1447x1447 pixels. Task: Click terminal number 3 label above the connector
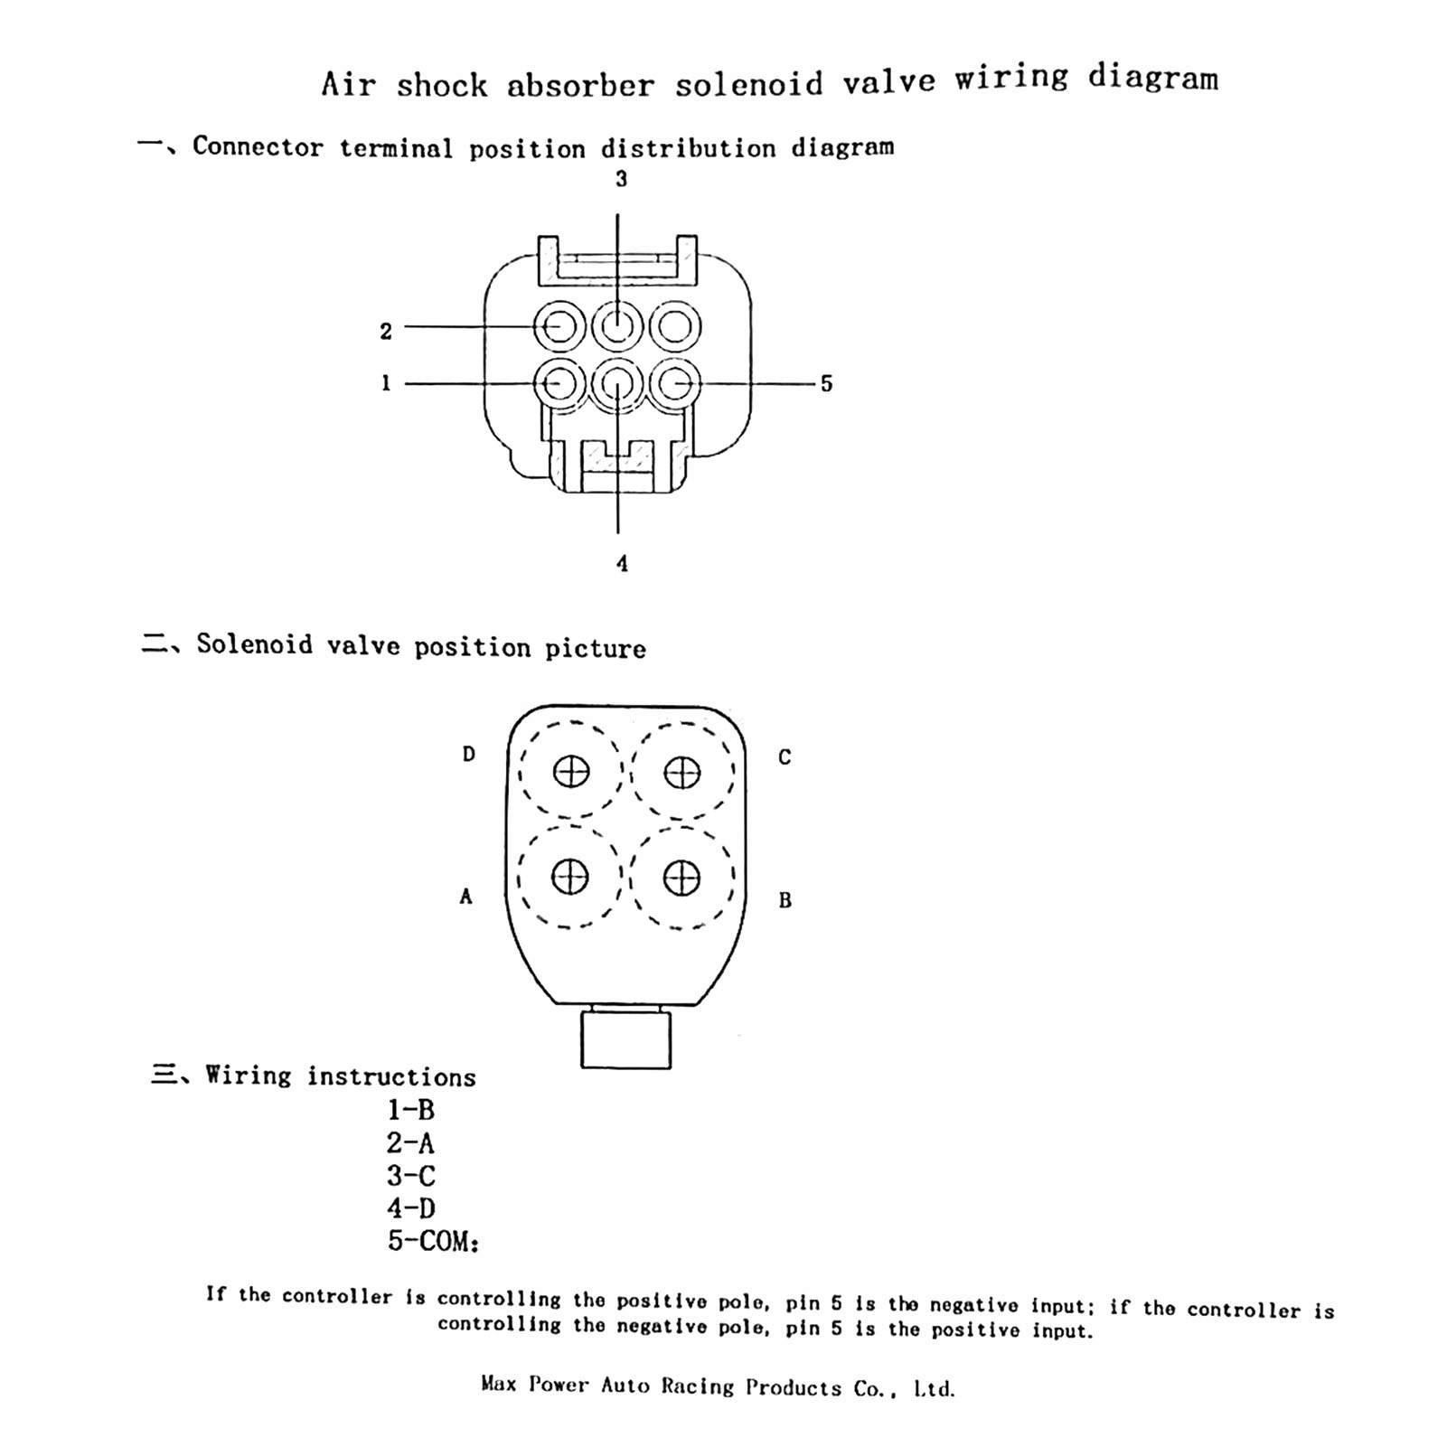[x=621, y=179]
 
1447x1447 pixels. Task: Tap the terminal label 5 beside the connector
[x=826, y=384]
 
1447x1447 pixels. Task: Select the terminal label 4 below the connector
[x=622, y=564]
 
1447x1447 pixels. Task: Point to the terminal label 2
[x=386, y=332]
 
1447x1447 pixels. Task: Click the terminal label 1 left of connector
[x=386, y=383]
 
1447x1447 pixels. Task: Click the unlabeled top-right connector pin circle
[x=675, y=326]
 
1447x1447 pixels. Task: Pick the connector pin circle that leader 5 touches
[x=675, y=384]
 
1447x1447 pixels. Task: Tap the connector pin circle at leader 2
[x=559, y=326]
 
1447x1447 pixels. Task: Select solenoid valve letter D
[x=468, y=754]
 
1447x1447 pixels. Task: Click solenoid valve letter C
[x=785, y=757]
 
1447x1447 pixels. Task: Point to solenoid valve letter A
[x=465, y=897]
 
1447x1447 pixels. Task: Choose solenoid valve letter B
[x=785, y=900]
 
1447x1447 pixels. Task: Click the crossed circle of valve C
[x=681, y=773]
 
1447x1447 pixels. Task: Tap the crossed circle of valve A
[x=570, y=877]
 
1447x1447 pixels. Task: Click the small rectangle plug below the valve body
[x=625, y=1040]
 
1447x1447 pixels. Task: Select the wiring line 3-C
[x=411, y=1176]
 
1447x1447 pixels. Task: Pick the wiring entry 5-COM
[x=432, y=1241]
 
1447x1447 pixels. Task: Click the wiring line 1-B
[x=411, y=1110]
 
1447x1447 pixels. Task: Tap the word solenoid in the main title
[x=749, y=84]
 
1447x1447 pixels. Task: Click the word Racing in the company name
[x=697, y=1386]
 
